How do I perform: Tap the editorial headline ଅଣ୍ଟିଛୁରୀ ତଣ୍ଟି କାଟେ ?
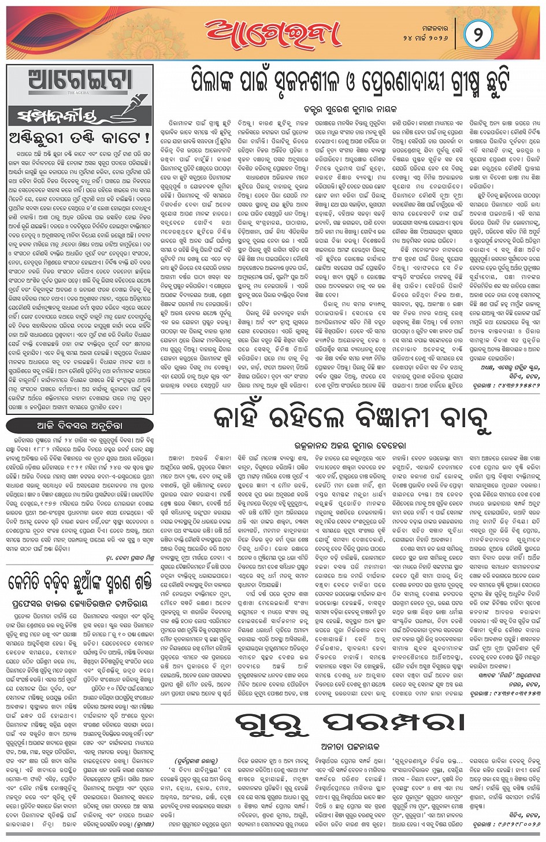79,138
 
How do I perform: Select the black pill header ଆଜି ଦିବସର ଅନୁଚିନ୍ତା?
80,426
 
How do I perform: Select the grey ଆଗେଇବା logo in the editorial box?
80,80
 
